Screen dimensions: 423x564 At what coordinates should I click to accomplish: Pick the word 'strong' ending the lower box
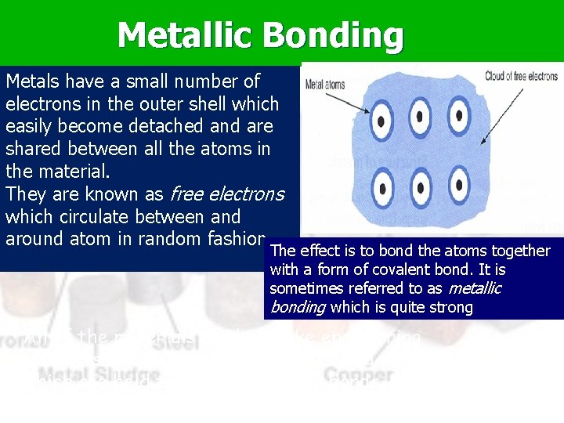450,307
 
